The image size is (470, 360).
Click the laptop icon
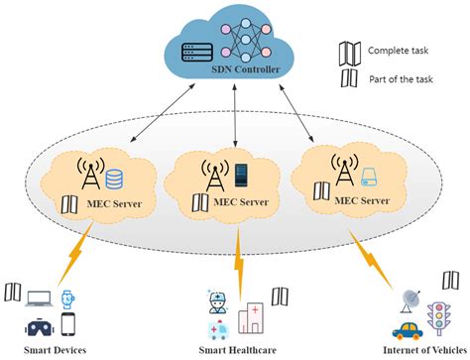coord(41,297)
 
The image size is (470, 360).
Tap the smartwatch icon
coord(67,296)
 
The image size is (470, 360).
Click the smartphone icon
coord(68,324)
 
